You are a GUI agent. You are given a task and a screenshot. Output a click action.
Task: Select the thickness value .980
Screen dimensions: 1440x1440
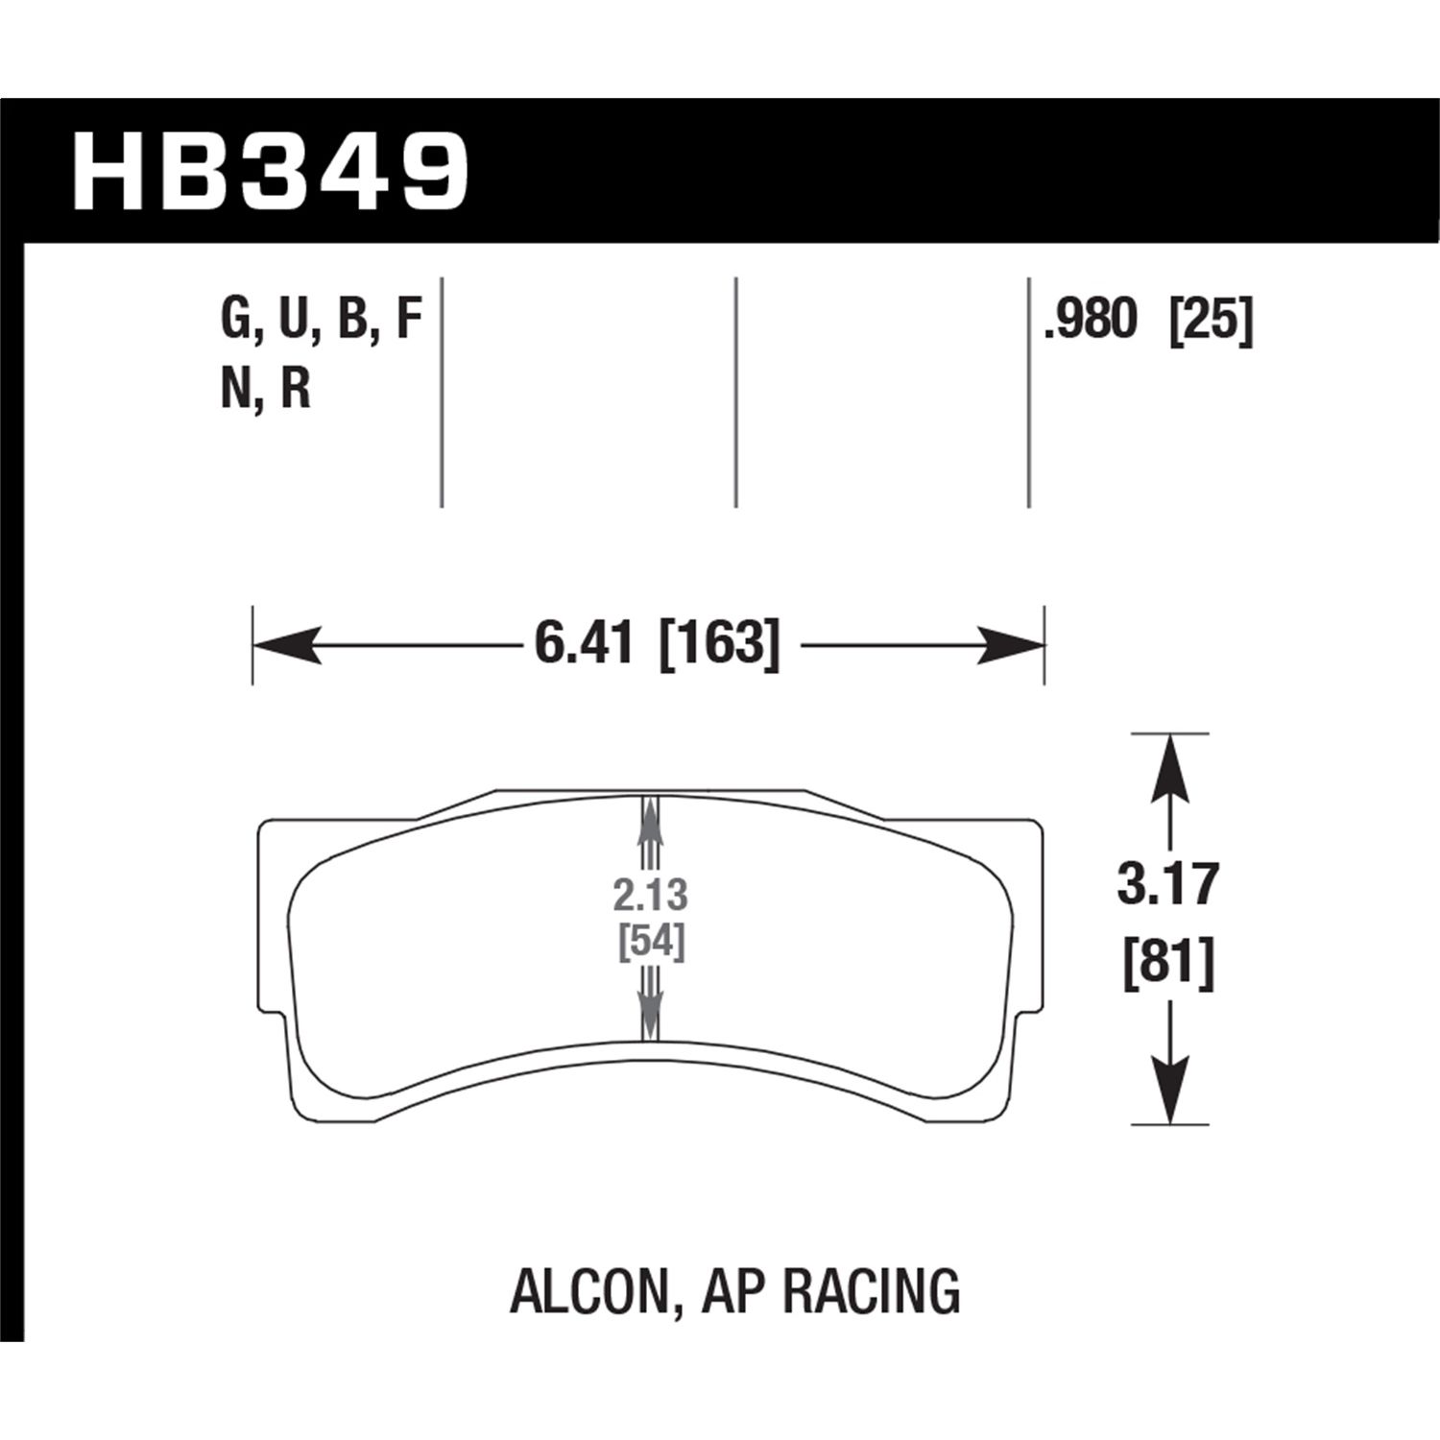pyautogui.click(x=1091, y=320)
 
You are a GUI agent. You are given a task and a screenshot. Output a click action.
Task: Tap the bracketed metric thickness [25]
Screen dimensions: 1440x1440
pyautogui.click(x=1211, y=320)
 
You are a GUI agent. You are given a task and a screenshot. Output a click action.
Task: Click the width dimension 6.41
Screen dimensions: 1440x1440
pyautogui.click(x=584, y=643)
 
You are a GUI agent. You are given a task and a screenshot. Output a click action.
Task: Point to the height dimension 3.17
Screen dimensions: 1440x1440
pyautogui.click(x=1167, y=884)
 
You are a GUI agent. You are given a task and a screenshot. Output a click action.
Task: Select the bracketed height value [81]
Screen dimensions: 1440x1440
pyautogui.click(x=1168, y=962)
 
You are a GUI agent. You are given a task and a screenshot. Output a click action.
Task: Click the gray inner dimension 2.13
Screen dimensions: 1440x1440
pyautogui.click(x=651, y=896)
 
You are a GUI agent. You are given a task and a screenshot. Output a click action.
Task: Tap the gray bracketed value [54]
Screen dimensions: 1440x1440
pyautogui.click(x=651, y=944)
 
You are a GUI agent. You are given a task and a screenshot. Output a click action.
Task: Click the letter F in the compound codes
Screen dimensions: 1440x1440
pyautogui.click(x=409, y=320)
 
